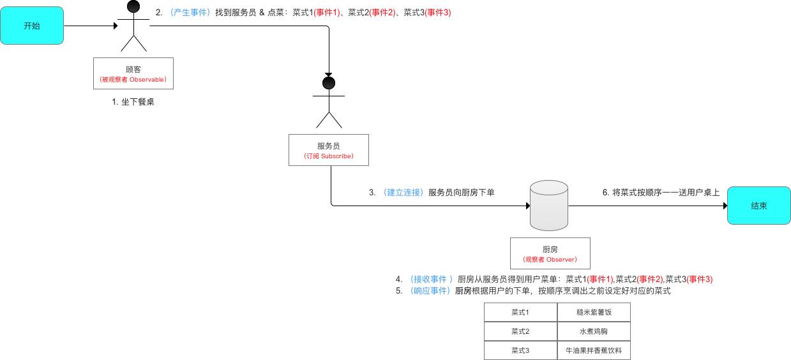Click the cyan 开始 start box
(32, 26)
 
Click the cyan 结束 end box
(758, 206)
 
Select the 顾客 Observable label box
(133, 73)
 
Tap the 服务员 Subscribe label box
(328, 150)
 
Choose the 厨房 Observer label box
(550, 253)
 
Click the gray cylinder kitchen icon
(549, 205)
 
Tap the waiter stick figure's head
(329, 83)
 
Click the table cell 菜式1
(520, 312)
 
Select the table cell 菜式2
(520, 331)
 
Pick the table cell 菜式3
(520, 350)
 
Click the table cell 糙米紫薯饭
(594, 312)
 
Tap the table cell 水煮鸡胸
(594, 331)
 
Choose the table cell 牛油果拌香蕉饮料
(594, 350)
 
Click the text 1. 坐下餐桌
(133, 101)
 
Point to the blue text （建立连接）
(403, 192)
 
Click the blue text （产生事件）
(190, 12)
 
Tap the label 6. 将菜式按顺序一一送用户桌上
(661, 192)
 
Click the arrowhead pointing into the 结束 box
(724, 206)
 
